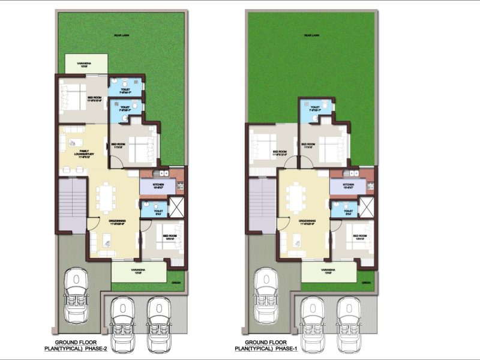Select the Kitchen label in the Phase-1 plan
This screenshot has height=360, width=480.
[x=347, y=185]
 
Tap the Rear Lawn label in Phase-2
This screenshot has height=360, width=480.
[x=122, y=36]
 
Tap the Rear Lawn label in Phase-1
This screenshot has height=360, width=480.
[x=311, y=36]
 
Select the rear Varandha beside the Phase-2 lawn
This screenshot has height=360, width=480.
[x=86, y=64]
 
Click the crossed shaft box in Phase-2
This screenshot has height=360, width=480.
[x=177, y=206]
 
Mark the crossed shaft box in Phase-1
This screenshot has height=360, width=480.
[x=367, y=206]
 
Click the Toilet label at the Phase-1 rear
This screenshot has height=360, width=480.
[x=315, y=109]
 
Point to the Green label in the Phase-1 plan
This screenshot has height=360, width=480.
[x=366, y=281]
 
